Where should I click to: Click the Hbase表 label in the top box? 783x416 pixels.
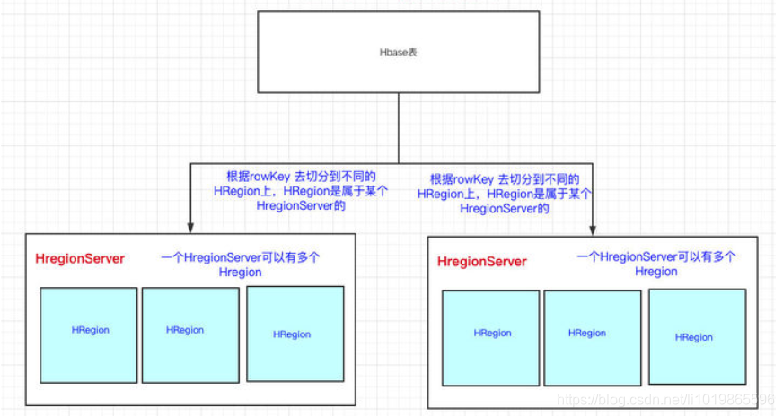tap(398, 53)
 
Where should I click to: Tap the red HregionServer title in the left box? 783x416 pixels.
tap(80, 258)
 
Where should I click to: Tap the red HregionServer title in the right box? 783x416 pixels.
tap(482, 261)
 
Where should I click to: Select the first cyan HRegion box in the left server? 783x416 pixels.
tap(89, 334)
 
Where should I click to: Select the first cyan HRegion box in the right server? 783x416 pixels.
tap(491, 337)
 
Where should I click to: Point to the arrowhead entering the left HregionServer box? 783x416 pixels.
tap(190, 227)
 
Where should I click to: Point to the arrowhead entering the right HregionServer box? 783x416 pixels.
tap(593, 230)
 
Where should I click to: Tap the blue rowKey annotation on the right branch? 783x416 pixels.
tap(505, 194)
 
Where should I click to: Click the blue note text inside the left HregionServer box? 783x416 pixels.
tap(241, 264)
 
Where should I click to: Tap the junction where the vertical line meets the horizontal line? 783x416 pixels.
tap(399, 162)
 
